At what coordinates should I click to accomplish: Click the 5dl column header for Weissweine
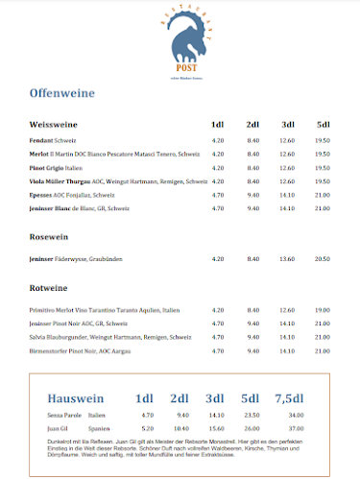tap(323, 125)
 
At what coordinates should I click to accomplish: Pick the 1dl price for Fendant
tap(217, 140)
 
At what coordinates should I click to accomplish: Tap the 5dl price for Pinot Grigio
tap(322, 167)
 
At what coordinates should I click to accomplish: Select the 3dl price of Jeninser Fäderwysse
tap(286, 258)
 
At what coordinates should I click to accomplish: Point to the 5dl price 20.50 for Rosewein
tap(322, 258)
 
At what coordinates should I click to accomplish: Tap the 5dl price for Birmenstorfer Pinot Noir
tap(322, 350)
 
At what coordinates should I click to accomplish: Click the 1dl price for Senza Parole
tap(148, 415)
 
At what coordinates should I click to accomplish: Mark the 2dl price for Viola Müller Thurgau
tap(253, 180)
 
